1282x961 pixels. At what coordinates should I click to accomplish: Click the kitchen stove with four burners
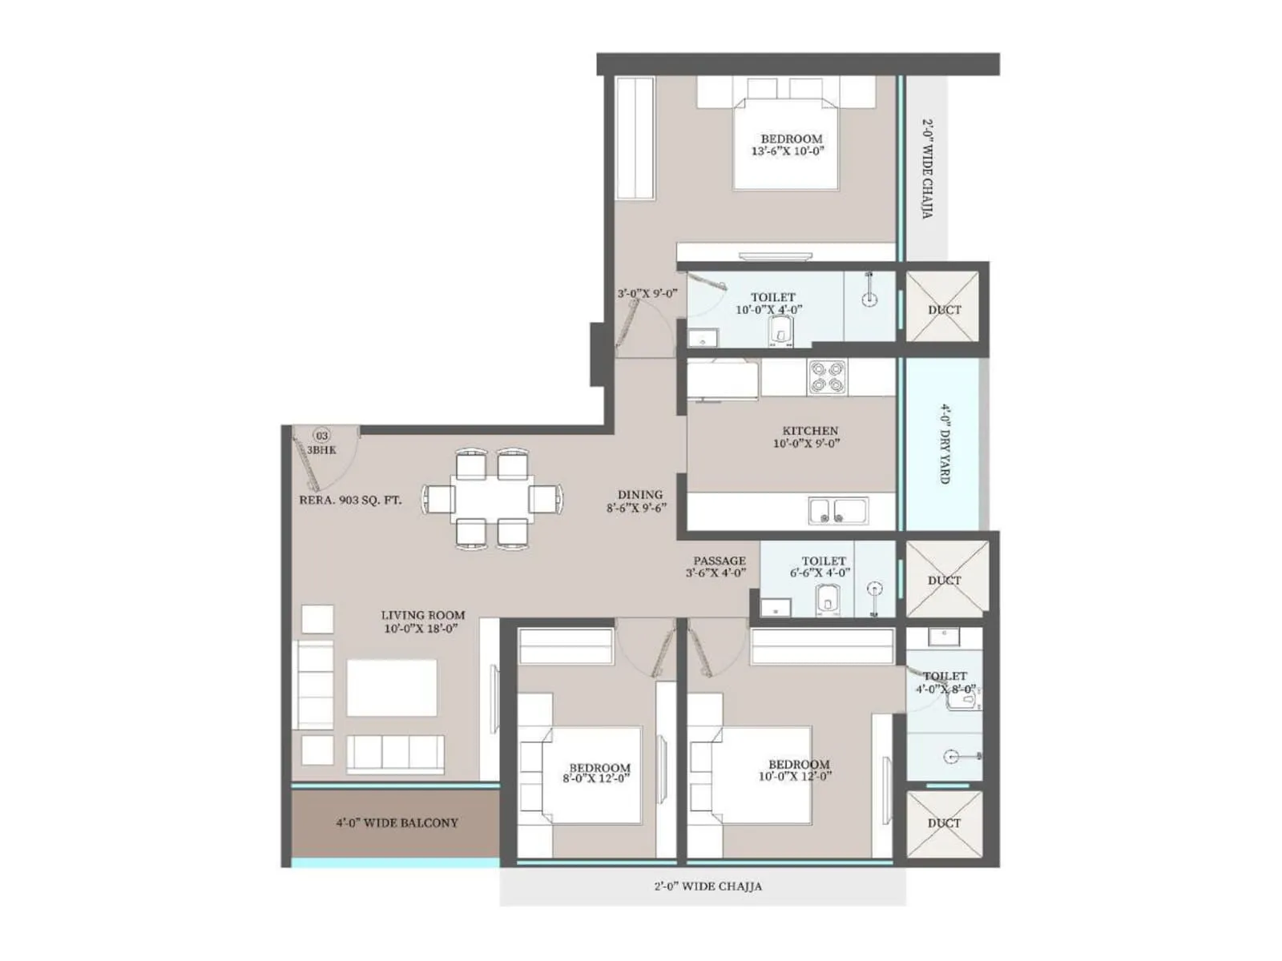point(828,377)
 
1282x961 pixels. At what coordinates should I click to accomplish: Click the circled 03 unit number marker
point(321,436)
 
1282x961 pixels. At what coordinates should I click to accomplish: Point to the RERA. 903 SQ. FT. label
point(350,500)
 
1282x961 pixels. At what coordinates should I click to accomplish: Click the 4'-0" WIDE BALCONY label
point(397,822)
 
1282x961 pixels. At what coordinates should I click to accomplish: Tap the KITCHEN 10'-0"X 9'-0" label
point(809,436)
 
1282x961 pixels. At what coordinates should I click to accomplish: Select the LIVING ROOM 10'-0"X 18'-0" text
point(422,621)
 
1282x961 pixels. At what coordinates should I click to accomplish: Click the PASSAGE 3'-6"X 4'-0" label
point(719,566)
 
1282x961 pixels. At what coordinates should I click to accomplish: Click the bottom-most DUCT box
point(944,823)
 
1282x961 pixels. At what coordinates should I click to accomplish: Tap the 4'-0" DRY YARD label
point(945,444)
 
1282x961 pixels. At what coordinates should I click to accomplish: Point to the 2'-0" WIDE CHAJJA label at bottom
point(708,887)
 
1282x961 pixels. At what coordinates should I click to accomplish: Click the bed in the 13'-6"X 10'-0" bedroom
point(786,144)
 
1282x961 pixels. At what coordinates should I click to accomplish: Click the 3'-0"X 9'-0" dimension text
point(647,294)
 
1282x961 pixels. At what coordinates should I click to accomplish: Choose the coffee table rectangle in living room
point(392,688)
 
